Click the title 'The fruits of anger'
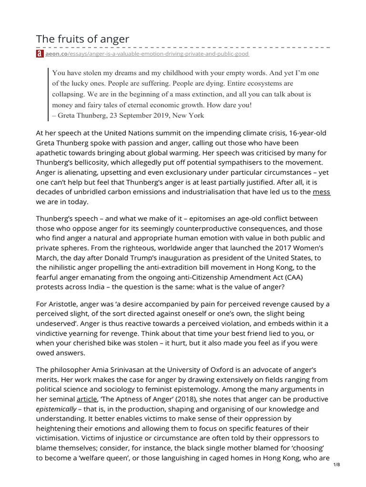pyautogui.click(x=82, y=39)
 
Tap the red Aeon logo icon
pyautogui.click(x=40, y=54)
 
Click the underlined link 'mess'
pyautogui.click(x=321, y=192)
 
